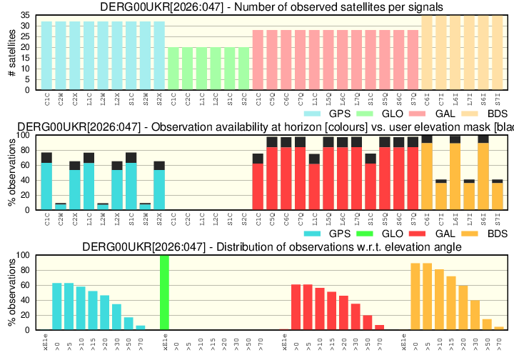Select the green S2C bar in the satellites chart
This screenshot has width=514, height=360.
pyautogui.click(x=243, y=69)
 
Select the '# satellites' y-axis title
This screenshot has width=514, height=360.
pyautogui.click(x=11, y=52)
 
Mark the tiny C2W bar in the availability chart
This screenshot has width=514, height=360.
pyautogui.click(x=61, y=207)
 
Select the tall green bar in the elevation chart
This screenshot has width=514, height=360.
pyautogui.click(x=164, y=292)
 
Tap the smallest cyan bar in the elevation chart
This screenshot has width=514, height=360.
pyautogui.click(x=141, y=327)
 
